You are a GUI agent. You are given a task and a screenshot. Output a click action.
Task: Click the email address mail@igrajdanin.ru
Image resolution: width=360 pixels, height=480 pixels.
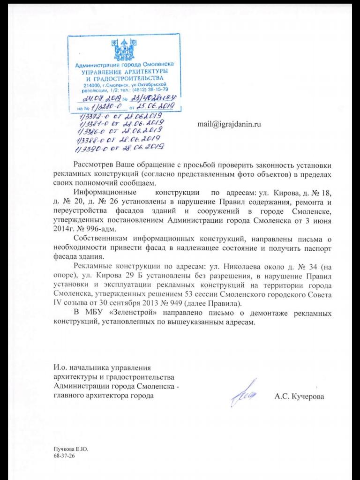click(x=229, y=125)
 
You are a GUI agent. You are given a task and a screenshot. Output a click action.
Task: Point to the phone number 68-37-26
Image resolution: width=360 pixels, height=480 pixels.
click(x=64, y=455)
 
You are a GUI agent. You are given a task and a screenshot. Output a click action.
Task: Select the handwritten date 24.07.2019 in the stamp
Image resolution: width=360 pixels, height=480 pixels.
click(x=101, y=99)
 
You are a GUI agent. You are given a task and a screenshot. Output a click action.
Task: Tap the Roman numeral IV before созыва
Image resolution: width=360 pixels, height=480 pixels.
click(x=58, y=304)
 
